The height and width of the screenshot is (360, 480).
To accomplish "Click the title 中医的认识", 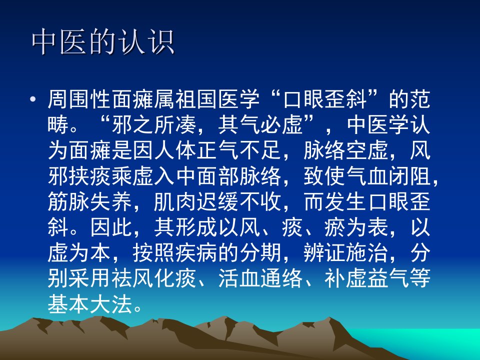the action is (x=103, y=42).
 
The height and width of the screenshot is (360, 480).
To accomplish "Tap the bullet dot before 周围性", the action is (x=33, y=99).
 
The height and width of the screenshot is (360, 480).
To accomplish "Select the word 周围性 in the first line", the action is (x=79, y=99).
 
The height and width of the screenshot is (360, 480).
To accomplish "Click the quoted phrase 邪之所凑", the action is (x=154, y=125).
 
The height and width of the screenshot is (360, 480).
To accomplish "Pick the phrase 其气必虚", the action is (x=260, y=125).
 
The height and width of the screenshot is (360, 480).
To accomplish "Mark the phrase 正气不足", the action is (x=239, y=150).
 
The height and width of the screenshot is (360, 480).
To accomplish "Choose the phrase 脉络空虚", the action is (x=346, y=150).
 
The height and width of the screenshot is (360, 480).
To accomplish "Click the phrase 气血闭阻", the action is (x=389, y=176).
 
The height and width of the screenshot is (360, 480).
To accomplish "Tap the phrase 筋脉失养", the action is (x=90, y=202).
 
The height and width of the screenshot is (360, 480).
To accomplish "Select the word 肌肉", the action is (x=175, y=202).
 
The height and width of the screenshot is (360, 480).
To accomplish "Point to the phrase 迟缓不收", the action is (x=239, y=202).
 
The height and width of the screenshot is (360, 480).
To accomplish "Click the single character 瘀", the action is (x=335, y=228).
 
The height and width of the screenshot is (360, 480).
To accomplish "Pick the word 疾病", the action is (x=196, y=253).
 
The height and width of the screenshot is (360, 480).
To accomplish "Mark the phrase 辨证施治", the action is (x=346, y=253).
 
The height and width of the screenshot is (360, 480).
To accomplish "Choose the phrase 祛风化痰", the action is (x=154, y=278).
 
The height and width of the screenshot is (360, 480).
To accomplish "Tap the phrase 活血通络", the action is (x=260, y=278).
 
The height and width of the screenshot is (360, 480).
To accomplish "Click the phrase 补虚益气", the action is (x=367, y=278).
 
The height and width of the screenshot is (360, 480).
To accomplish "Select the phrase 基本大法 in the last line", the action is (x=90, y=304).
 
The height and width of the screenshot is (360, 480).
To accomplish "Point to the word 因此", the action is (x=111, y=228).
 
